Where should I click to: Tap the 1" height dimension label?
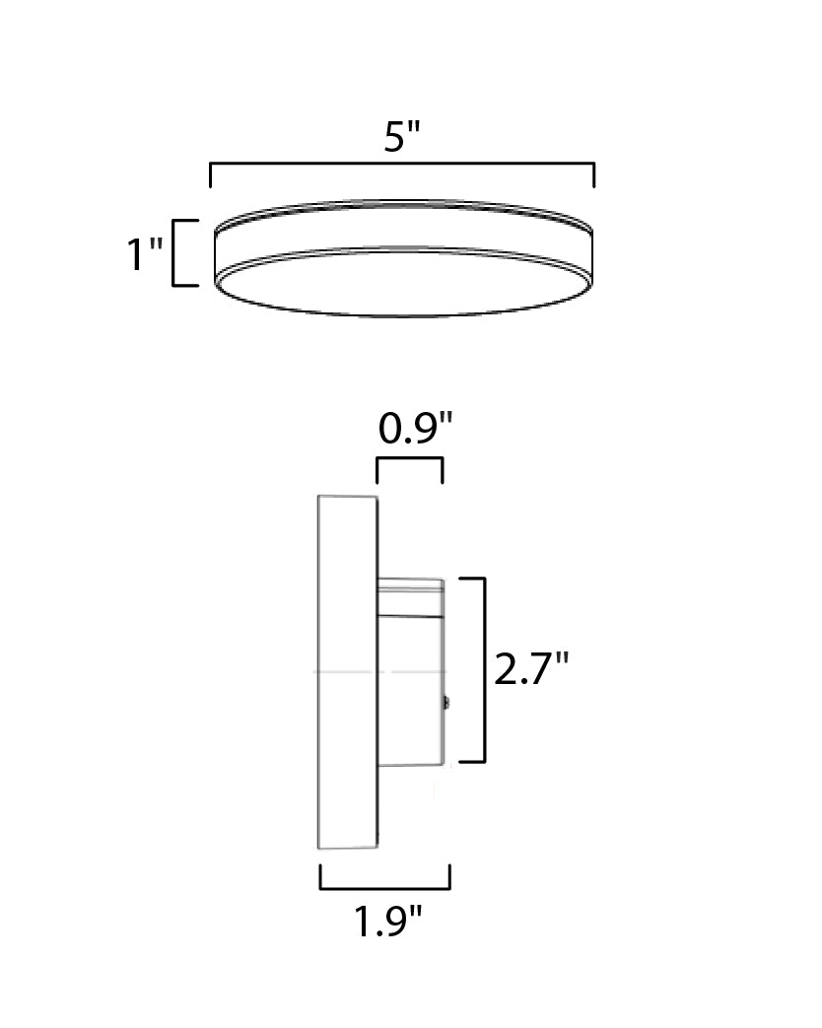pyautogui.click(x=144, y=255)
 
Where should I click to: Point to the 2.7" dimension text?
pyautogui.click(x=531, y=670)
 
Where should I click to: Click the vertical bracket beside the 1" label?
pyautogui.click(x=174, y=253)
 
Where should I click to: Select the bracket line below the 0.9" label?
pyautogui.click(x=409, y=459)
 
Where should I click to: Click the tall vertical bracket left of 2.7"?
pyautogui.click(x=484, y=670)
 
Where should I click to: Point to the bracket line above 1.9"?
pyautogui.click(x=384, y=887)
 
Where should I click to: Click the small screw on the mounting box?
pyautogui.click(x=446, y=703)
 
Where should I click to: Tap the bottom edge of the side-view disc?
pyautogui.click(x=347, y=847)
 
